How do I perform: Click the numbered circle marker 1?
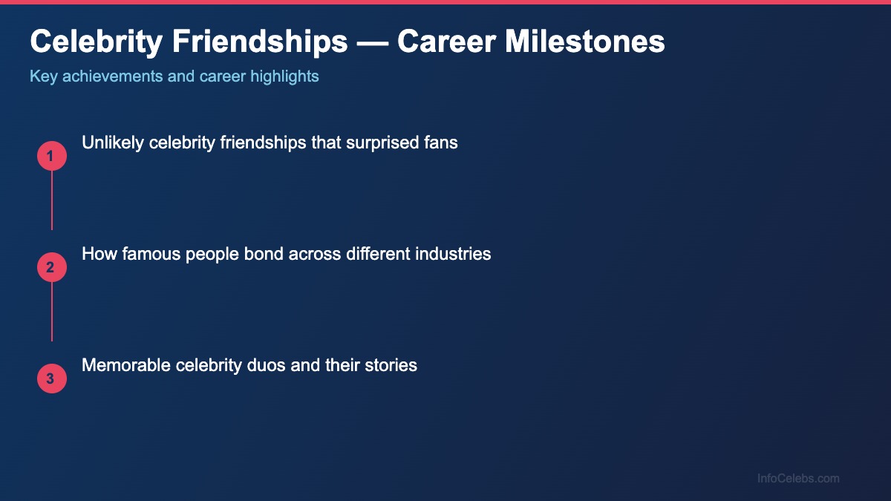(x=52, y=156)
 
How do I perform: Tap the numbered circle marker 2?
(x=52, y=267)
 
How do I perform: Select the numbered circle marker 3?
(x=52, y=379)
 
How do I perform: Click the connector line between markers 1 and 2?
(x=52, y=200)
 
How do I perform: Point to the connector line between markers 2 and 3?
(x=52, y=312)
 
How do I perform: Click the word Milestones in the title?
(x=585, y=42)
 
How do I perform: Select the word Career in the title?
(x=446, y=42)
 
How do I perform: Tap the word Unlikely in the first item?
(x=113, y=143)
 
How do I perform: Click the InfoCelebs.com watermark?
(x=798, y=479)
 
